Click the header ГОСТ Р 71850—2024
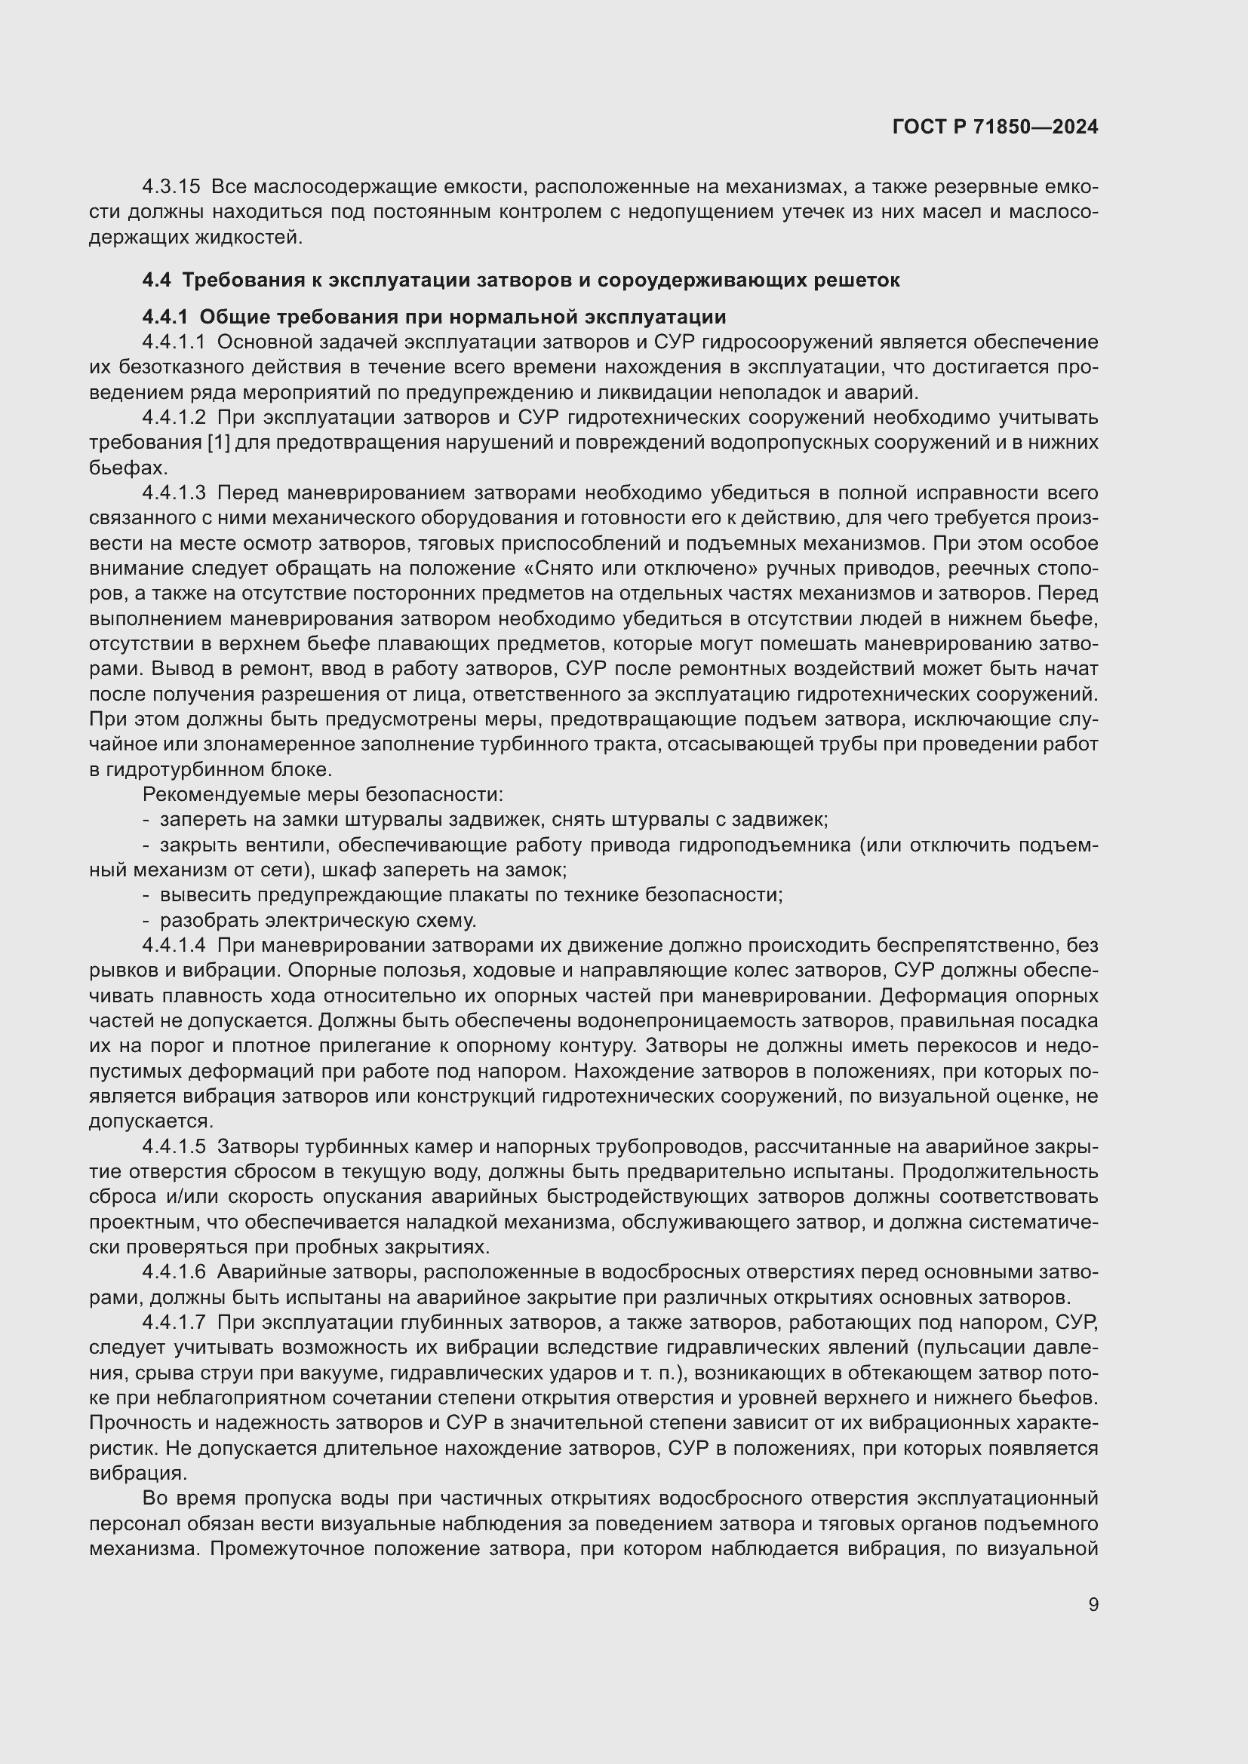(995, 127)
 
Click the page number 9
(1093, 1605)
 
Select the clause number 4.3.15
(171, 187)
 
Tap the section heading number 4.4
(156, 281)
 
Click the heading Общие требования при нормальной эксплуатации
(462, 318)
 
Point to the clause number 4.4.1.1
(174, 342)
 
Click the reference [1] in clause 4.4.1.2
(219, 443)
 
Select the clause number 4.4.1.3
(174, 492)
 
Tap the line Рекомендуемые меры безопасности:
(323, 794)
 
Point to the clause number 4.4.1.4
(174, 946)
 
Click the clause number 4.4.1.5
(174, 1147)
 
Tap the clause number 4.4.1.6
(174, 1273)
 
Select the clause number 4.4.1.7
(174, 1323)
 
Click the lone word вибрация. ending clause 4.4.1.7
(137, 1474)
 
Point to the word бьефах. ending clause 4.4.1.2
(128, 468)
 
